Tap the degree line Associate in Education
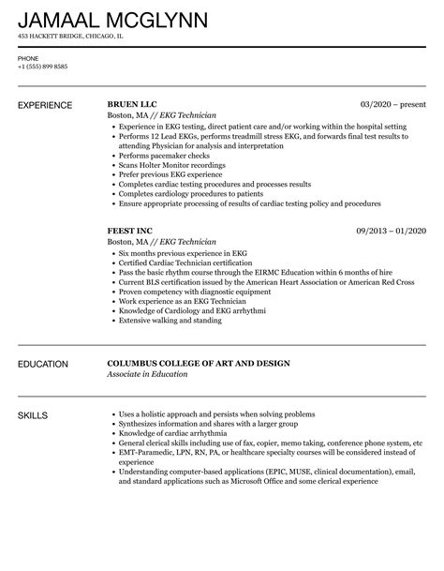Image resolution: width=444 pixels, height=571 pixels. point(147,374)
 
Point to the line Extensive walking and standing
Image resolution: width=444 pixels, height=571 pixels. point(169,319)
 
